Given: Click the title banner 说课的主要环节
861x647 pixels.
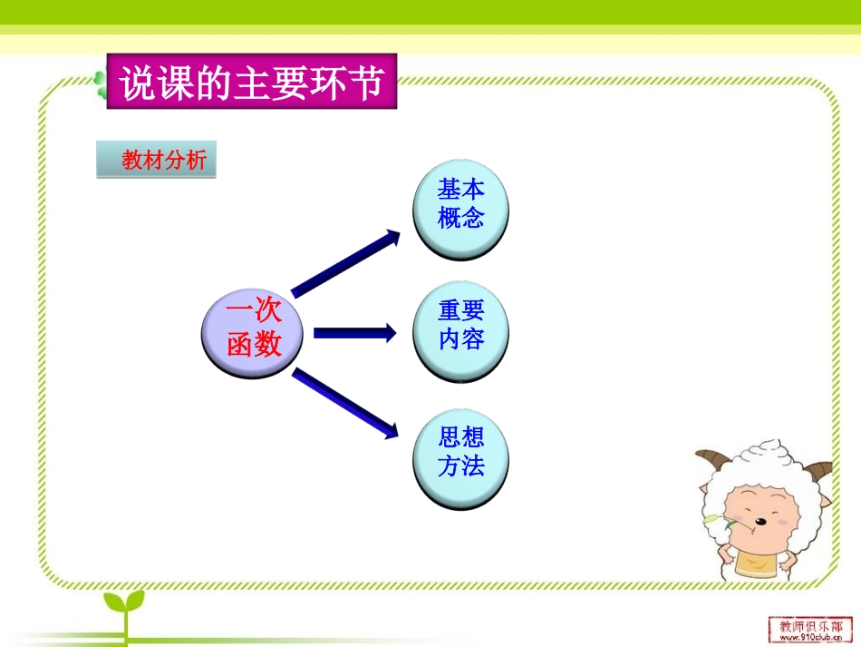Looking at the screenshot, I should [251, 83].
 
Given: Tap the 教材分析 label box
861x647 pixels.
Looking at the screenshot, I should [157, 162].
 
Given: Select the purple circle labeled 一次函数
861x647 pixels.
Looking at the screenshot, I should [255, 329].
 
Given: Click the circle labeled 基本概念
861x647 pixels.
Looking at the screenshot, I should [460, 204].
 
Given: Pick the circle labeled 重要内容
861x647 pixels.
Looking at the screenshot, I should [460, 326].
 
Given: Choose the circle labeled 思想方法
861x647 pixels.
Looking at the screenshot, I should [460, 452].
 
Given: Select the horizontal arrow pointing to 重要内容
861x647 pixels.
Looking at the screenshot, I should [354, 333].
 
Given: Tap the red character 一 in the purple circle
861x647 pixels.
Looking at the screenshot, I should [237, 313].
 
